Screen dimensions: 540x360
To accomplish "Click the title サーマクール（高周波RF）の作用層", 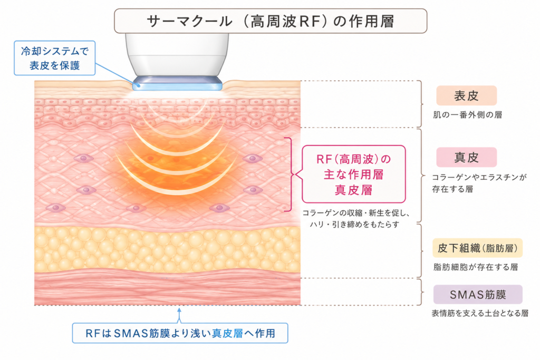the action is tap(271, 21).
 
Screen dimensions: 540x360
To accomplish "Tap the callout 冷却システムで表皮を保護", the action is tap(54, 58).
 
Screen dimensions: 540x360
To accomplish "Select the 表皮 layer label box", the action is tap(466, 96).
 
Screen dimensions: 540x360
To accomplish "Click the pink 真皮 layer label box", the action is tap(466, 157).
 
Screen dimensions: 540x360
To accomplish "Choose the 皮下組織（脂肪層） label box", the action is tap(477, 248).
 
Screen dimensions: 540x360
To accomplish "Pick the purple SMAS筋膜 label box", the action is tap(478, 294).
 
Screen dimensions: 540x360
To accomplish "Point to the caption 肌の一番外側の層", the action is tap(467, 114).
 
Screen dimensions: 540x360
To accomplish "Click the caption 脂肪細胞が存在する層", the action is tap(475, 267).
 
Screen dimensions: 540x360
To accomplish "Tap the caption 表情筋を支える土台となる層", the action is tap(480, 313).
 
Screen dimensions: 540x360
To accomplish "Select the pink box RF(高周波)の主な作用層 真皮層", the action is tap(354, 174).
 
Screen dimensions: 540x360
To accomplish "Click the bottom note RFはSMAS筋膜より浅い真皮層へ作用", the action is tap(180, 333).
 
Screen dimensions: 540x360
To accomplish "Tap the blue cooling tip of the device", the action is tap(177, 83).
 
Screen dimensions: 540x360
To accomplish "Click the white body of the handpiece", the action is tap(177, 54).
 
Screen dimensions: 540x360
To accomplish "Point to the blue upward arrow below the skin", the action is tap(179, 315).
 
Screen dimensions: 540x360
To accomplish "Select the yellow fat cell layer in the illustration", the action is tap(167, 249).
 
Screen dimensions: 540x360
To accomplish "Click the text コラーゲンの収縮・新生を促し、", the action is tap(356, 213).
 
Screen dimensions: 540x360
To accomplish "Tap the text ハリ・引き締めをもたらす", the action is tap(355, 225).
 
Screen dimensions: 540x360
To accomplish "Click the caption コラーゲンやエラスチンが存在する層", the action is tap(479, 183).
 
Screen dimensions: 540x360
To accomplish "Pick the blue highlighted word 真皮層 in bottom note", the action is tap(228, 333).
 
